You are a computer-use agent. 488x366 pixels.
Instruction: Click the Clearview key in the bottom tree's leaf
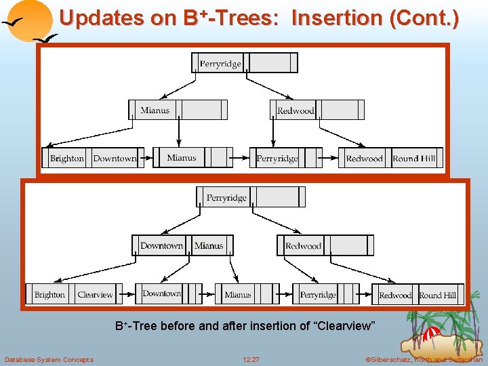pyautogui.click(x=95, y=295)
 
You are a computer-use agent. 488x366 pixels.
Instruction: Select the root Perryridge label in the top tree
pyautogui.click(x=220, y=64)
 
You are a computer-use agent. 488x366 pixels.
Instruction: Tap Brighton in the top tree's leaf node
pyautogui.click(x=67, y=159)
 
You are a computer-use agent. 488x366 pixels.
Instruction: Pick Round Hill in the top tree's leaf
pyautogui.click(x=415, y=159)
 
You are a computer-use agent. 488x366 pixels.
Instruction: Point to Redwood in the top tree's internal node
pyautogui.click(x=296, y=110)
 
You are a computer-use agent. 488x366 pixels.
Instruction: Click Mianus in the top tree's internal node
pyautogui.click(x=155, y=110)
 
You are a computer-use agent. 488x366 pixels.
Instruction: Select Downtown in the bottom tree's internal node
pyautogui.click(x=161, y=246)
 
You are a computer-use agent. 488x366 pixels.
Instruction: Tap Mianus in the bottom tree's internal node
pyautogui.click(x=209, y=246)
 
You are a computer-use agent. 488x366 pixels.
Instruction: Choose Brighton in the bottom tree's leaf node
pyautogui.click(x=49, y=295)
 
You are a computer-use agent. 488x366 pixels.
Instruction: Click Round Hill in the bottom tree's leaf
pyautogui.click(x=438, y=296)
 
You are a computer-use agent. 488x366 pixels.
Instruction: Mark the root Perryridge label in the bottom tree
pyautogui.click(x=226, y=198)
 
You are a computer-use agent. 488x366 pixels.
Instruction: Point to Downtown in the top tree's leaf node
pyautogui.click(x=115, y=159)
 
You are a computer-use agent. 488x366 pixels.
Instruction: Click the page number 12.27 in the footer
pyautogui.click(x=251, y=359)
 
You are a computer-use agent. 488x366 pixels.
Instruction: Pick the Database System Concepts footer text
pyautogui.click(x=49, y=359)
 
